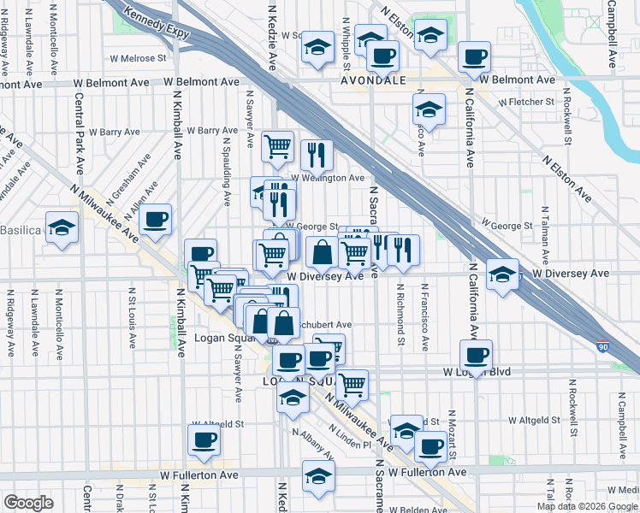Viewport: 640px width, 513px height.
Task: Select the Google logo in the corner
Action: click(x=28, y=503)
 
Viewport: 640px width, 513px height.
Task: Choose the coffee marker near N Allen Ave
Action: click(x=156, y=218)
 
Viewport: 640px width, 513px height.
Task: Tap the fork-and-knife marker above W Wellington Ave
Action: click(x=317, y=154)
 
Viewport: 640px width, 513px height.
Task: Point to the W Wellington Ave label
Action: click(x=328, y=178)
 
